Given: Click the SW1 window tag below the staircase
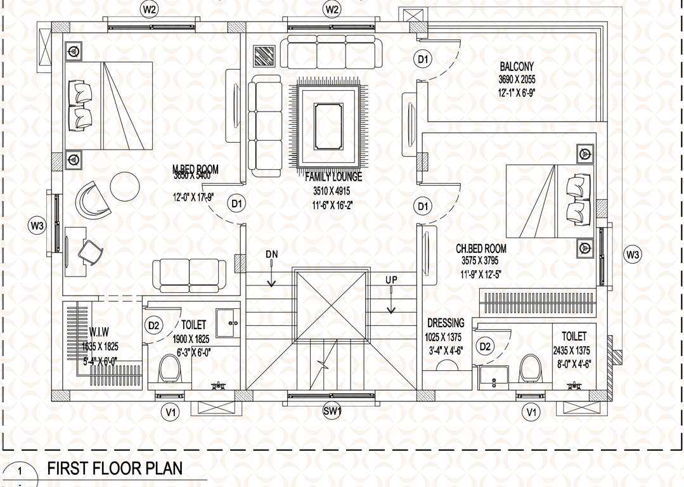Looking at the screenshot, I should point(332,412).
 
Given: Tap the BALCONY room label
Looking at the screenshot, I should point(517,66).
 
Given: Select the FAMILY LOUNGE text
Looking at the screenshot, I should point(333,177).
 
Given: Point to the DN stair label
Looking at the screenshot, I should point(271,254).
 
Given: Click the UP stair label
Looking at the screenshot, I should point(391,280).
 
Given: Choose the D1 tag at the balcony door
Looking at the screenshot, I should point(423,59).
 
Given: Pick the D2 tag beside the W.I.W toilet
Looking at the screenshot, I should point(153,325).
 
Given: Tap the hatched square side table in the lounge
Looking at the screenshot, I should point(264,56).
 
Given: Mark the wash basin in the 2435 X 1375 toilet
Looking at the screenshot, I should point(494,375).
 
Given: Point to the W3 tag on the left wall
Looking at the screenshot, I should point(37,225).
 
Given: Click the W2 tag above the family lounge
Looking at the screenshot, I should point(332,10).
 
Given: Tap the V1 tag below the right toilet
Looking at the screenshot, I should point(531,412).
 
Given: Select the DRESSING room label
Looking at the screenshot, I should point(445,323).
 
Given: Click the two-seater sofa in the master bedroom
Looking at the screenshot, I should point(190,272).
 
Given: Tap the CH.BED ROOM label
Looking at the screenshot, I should point(481,249).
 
